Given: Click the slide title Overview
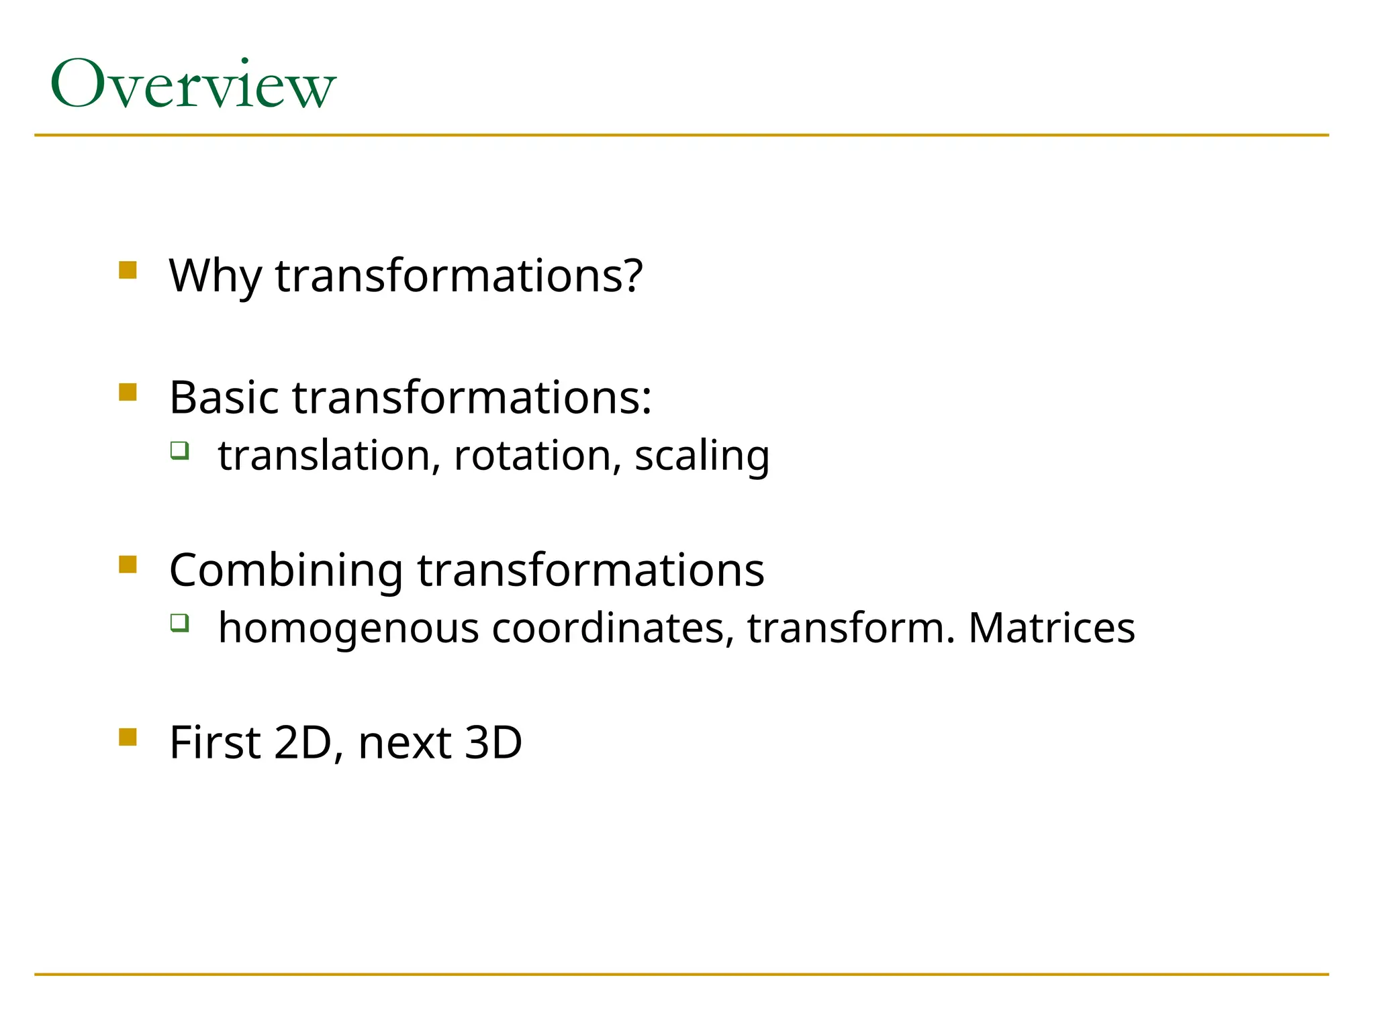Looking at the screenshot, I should click(193, 85).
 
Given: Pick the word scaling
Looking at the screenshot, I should click(702, 456).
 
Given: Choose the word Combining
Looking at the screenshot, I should click(286, 571).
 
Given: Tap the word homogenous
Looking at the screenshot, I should click(348, 629).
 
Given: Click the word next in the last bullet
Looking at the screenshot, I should click(405, 744).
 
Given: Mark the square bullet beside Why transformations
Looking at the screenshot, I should click(128, 270).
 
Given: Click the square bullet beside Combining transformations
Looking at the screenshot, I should click(128, 564).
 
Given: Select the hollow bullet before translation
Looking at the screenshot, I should click(179, 450).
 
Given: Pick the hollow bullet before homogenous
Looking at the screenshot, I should click(179, 623).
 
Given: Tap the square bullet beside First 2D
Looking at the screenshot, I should click(128, 737).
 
